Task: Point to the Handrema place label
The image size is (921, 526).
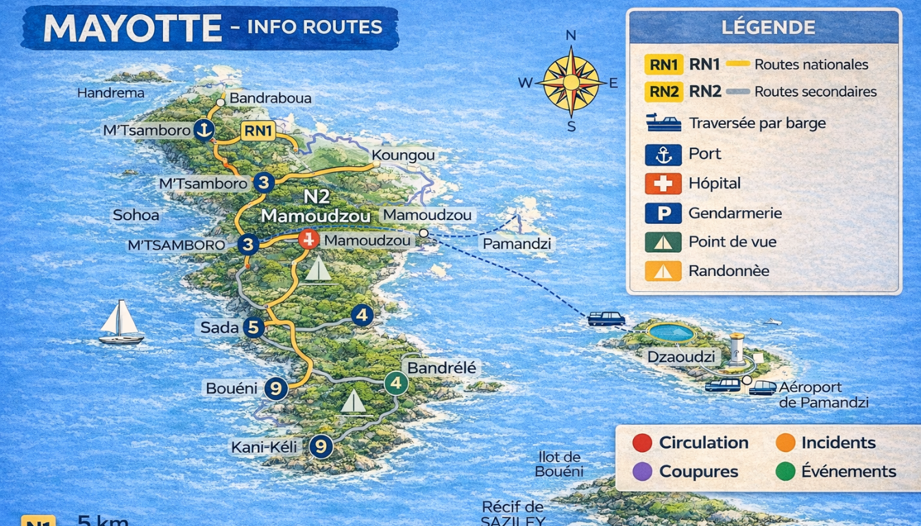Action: [x=110, y=93]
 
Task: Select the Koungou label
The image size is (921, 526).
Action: [x=403, y=155]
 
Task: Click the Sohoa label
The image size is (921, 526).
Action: [x=136, y=215]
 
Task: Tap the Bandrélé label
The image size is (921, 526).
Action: [x=441, y=368]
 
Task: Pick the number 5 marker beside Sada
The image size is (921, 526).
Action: [x=254, y=328]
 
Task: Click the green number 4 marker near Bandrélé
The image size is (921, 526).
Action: [x=395, y=383]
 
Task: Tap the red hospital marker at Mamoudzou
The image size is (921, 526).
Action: [x=309, y=239]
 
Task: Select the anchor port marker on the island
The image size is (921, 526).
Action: [x=204, y=129]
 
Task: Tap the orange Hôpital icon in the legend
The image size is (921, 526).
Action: [x=663, y=184]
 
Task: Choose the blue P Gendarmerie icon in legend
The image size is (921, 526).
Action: [x=663, y=213]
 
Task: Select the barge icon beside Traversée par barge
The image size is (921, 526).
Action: [x=663, y=123]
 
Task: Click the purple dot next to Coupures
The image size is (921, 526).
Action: [x=642, y=471]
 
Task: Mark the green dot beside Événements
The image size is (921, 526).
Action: [x=785, y=471]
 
